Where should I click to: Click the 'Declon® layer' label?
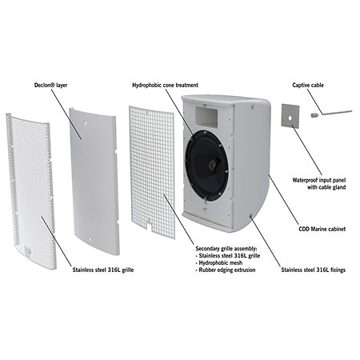50,86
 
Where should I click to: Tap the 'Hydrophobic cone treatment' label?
166,86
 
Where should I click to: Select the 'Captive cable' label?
308,86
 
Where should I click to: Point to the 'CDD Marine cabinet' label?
322,229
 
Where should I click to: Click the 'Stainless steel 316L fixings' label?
314,270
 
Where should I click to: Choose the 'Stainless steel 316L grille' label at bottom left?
103,270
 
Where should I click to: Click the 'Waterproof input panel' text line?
319,180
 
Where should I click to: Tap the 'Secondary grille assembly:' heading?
226,249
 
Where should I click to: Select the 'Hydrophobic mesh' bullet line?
219,262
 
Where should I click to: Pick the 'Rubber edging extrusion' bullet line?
226,270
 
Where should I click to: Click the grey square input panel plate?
290,115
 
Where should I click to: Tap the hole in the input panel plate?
290,117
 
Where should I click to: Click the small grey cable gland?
314,115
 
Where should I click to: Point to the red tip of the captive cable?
353,110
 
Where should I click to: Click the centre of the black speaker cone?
214,163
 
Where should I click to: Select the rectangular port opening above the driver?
206,115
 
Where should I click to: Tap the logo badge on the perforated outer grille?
28,250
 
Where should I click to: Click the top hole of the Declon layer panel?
85,122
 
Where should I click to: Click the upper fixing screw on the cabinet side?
252,107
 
